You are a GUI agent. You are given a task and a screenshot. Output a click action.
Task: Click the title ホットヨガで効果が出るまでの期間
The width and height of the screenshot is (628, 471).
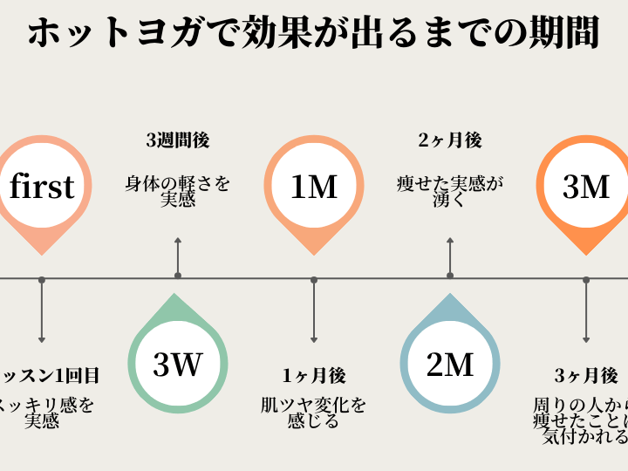coord(314,34)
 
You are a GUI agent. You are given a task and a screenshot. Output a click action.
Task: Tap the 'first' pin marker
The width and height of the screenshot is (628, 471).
coord(42,186)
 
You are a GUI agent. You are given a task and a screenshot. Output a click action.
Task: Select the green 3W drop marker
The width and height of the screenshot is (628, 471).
coord(178,363)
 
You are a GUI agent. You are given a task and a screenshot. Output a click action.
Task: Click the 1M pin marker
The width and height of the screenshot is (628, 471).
coord(314,186)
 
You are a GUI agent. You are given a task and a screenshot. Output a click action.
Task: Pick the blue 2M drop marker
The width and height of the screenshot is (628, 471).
coord(450,363)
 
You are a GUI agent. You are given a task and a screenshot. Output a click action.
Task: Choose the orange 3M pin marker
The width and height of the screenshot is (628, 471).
coord(585,186)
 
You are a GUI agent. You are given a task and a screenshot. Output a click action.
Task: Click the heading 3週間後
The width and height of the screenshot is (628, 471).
coord(178,140)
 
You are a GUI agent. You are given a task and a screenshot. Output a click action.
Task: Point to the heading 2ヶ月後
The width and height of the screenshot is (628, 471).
coord(450,140)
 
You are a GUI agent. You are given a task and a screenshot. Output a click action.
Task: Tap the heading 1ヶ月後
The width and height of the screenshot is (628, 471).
coord(314,376)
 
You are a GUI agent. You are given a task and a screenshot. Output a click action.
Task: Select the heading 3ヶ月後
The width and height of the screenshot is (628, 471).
coord(586,376)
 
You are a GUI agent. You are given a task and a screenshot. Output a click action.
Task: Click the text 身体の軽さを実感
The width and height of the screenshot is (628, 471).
coord(178,192)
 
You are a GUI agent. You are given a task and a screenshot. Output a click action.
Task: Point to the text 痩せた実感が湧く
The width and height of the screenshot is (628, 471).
coord(450,192)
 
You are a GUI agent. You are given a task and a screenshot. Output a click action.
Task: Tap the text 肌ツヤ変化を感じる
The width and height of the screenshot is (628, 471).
coord(314,413)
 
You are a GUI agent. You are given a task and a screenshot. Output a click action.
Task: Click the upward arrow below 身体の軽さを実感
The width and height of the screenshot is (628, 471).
coord(178,253)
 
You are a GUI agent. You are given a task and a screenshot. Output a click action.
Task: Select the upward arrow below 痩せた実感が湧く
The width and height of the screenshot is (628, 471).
coord(450,253)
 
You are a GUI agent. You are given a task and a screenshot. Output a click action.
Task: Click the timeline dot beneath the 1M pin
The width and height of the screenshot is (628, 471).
coord(314,280)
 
